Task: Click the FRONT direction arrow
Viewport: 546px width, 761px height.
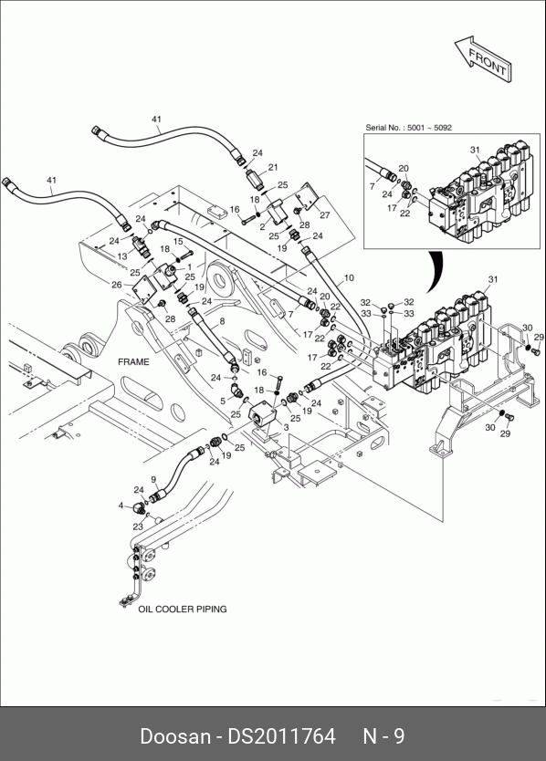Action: pos(483,58)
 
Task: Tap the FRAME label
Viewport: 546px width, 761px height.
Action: pos(133,361)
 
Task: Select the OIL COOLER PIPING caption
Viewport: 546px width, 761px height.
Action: pos(183,609)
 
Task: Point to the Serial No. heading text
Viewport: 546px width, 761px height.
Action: pos(408,128)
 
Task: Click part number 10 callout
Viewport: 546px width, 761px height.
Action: pos(349,278)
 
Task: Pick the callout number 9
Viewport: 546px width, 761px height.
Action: pos(154,480)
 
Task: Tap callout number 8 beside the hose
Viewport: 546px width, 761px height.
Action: pos(222,321)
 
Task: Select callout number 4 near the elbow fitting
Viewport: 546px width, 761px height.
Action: pos(121,506)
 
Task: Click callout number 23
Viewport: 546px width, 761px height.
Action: pos(138,526)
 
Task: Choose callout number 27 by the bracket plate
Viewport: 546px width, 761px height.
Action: pos(324,215)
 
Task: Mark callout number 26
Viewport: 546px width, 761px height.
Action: pos(117,285)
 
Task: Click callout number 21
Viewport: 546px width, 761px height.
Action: pos(273,168)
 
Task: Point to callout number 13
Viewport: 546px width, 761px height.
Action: pos(122,256)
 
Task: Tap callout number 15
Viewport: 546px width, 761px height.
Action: pos(178,241)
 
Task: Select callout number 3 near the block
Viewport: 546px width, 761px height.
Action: pos(286,428)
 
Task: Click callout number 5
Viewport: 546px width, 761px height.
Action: pos(223,401)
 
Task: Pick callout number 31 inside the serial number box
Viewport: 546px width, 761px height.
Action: pos(475,150)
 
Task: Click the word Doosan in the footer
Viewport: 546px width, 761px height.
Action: pos(175,735)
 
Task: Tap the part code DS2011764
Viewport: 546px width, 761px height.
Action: pos(282,735)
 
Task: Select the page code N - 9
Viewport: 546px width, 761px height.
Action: pos(383,735)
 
